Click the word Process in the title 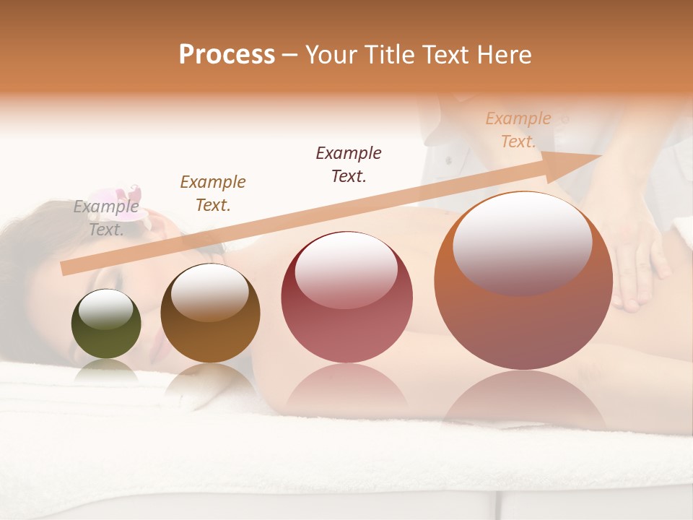pyautogui.click(x=227, y=55)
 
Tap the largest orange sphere pyautogui.click(x=523, y=282)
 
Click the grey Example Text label pyautogui.click(x=106, y=218)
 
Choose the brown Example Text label pyautogui.click(x=212, y=194)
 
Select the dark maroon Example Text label pyautogui.click(x=349, y=164)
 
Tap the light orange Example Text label pyautogui.click(x=518, y=130)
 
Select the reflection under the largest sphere pyautogui.click(x=523, y=401)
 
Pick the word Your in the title pyautogui.click(x=328, y=55)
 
